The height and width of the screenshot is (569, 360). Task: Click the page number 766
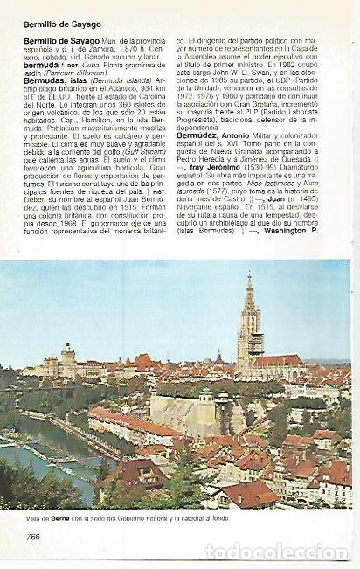point(32,537)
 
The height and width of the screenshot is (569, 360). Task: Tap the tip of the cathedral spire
point(249,274)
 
